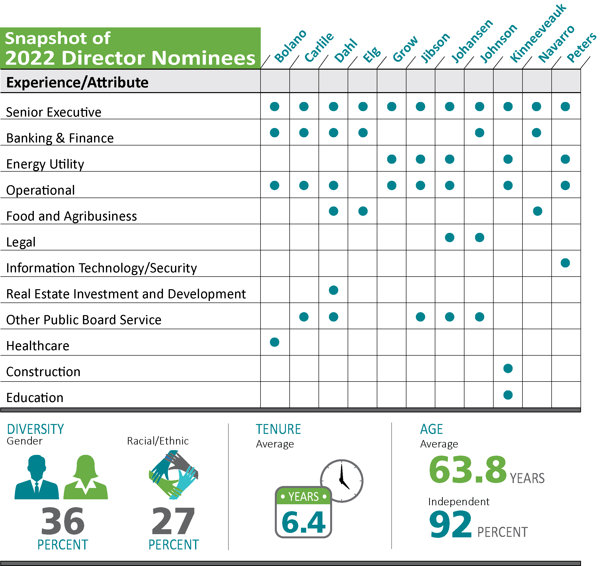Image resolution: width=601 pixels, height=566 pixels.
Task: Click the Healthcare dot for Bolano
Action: click(x=275, y=342)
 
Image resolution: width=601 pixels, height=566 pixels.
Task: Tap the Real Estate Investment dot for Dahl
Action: click(x=333, y=290)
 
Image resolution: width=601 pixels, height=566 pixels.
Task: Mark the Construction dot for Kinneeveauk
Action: click(x=508, y=368)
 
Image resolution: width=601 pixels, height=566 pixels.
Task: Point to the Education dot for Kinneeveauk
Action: click(x=508, y=395)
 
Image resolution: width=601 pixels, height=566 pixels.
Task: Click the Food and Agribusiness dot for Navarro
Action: click(x=537, y=211)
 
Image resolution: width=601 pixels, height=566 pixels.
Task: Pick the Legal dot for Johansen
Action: click(x=450, y=237)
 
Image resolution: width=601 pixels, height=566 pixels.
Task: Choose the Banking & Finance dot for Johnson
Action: click(x=480, y=132)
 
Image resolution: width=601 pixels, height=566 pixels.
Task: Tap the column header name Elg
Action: click(x=372, y=54)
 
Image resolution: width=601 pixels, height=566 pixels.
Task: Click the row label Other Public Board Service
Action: click(x=84, y=320)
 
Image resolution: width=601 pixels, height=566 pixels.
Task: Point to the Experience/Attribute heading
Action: click(x=77, y=82)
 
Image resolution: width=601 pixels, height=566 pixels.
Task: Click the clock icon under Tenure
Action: click(x=342, y=481)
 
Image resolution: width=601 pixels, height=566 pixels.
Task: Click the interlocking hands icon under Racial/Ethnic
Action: click(x=173, y=475)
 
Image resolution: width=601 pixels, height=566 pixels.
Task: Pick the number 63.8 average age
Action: click(x=467, y=470)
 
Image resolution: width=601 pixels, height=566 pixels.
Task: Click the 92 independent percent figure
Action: click(x=450, y=525)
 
